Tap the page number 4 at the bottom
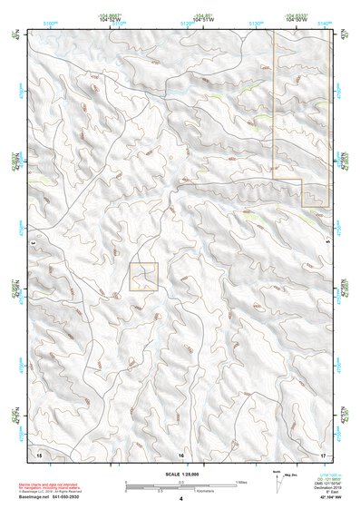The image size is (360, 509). (x=180, y=499)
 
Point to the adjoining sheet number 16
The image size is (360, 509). (x=180, y=453)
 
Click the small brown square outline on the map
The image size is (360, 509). (x=144, y=276)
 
